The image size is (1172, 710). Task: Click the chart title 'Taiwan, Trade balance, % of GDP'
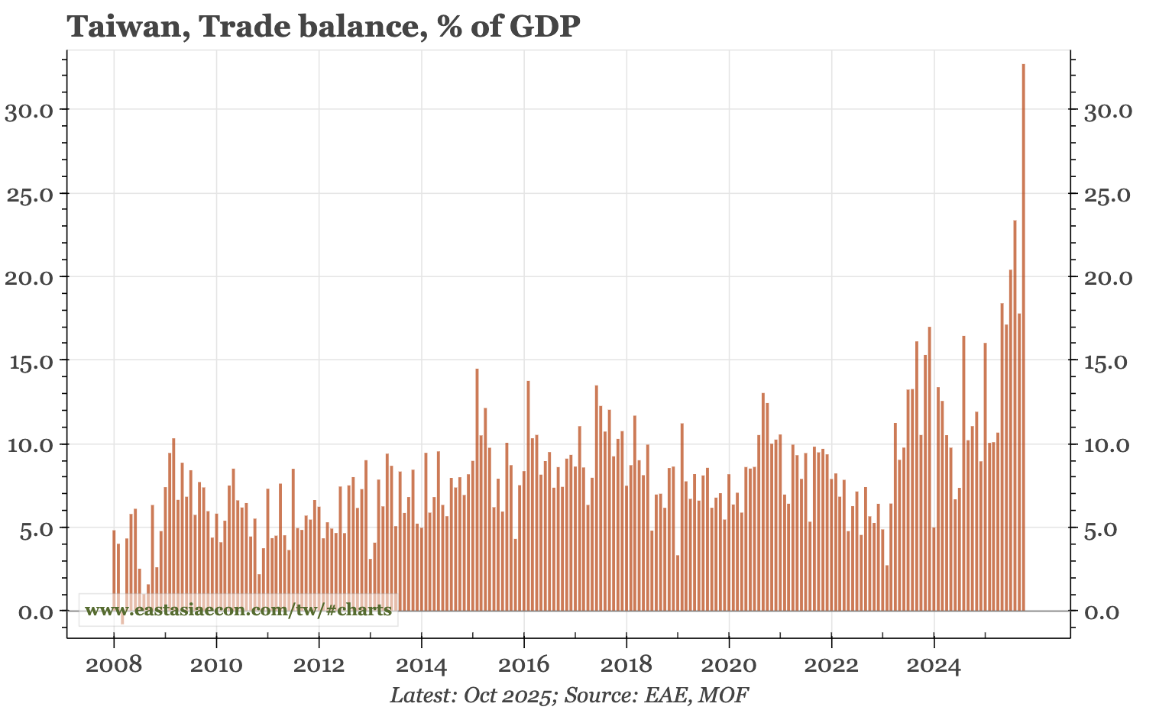[x=324, y=27]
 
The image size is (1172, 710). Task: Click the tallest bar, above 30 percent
[x=1023, y=336]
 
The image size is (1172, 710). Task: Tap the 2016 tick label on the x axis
[x=523, y=665]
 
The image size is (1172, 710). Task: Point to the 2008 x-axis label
[x=114, y=665]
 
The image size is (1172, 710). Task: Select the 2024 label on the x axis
[x=934, y=665]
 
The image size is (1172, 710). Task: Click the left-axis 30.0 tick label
[x=29, y=110]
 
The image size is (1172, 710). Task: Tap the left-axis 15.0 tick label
[x=29, y=361]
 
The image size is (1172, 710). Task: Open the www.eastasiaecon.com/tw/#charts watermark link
[x=238, y=610]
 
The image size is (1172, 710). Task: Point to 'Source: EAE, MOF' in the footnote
[x=655, y=695]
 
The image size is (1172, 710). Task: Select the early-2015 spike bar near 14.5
[x=477, y=489]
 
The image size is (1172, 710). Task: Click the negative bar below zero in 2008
[x=122, y=618]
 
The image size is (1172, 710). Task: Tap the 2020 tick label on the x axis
[x=728, y=665]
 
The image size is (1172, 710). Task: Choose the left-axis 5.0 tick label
[x=34, y=528]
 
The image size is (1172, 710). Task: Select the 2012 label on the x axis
[x=319, y=665]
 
